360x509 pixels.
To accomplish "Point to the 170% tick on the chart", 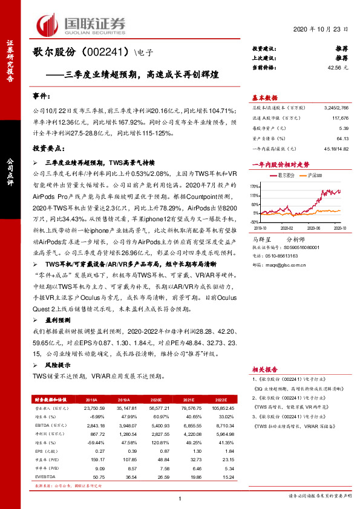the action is click(x=255, y=187).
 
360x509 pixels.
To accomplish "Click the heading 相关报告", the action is click(x=265, y=368).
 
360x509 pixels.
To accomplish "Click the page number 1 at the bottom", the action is click(x=180, y=498).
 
